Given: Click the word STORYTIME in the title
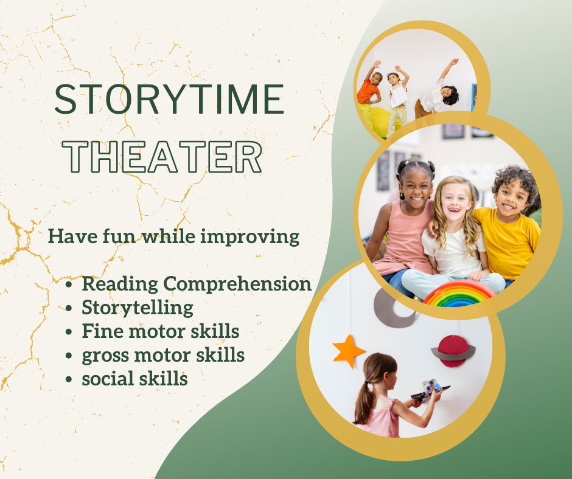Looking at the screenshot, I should pos(169,100).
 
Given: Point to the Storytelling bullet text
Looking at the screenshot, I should pos(138,308).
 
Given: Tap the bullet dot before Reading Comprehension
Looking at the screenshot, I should pos(72,284).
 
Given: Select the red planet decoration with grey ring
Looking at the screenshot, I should pos(453,351).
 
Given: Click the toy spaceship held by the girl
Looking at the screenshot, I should pos(430,390).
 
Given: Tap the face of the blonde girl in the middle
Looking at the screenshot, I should pos(455,201).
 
